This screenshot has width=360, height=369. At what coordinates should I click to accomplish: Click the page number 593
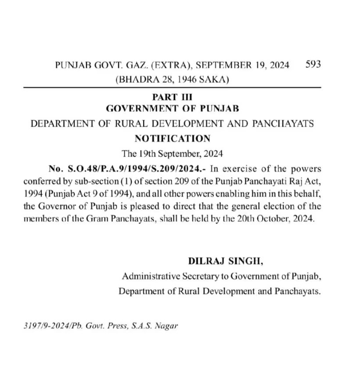pos(313,64)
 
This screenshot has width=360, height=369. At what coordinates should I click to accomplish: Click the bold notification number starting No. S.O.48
pos(128,169)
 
